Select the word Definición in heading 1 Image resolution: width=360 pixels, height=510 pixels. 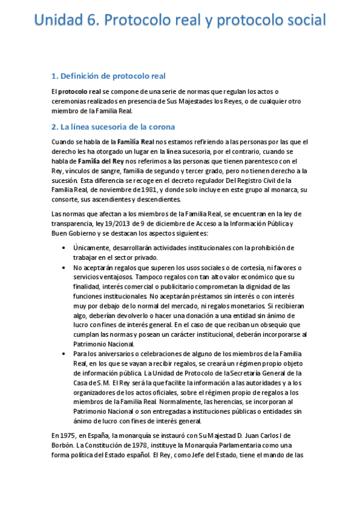[x=85, y=76]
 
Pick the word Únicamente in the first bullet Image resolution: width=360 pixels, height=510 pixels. [x=93, y=248]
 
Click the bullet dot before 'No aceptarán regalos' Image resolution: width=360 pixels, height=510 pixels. [x=64, y=267]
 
